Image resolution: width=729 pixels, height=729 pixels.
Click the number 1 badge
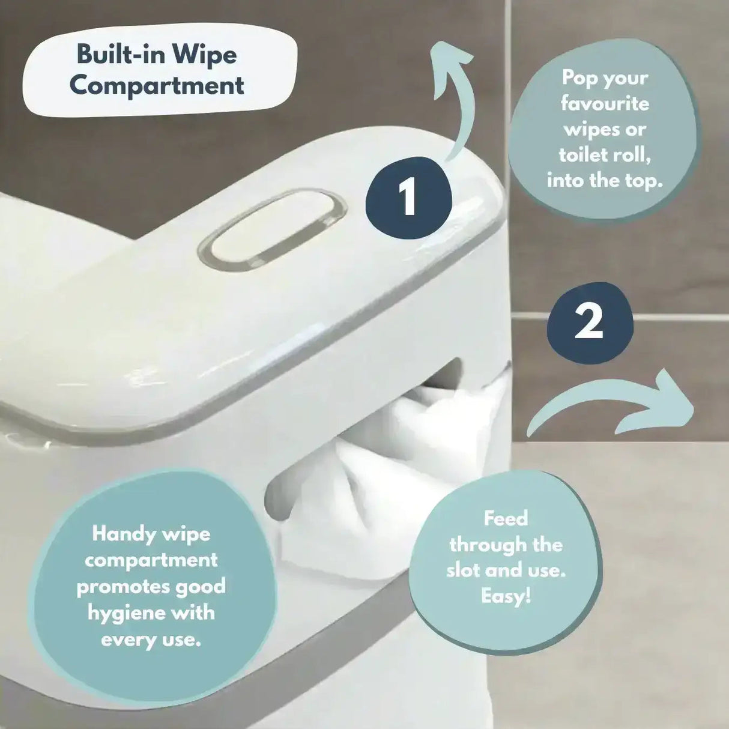coord(408,198)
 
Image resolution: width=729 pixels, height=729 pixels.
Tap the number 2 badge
coord(590,322)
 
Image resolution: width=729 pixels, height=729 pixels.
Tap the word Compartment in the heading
coord(157,85)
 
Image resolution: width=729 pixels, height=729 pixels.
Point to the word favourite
coord(605,104)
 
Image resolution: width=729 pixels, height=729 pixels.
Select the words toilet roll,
coord(605,155)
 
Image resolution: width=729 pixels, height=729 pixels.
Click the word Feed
coord(506,519)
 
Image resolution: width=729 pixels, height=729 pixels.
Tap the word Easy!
coord(506,596)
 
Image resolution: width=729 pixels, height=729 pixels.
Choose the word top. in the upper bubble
coord(644,181)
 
